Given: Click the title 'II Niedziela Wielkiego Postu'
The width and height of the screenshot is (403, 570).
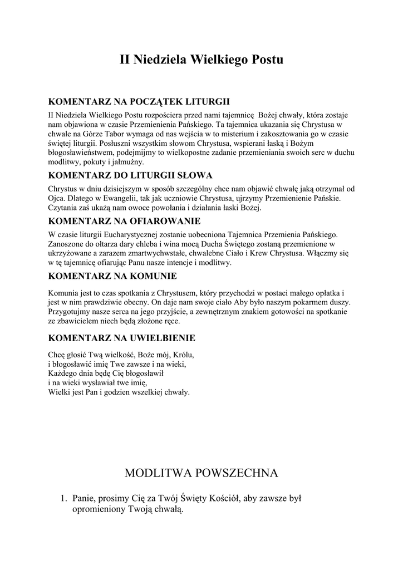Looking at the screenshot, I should (x=202, y=59).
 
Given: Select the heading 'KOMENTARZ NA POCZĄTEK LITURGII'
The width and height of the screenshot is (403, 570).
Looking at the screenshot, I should (x=139, y=102).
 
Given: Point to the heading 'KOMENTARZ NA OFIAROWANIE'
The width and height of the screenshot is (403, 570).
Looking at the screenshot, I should (x=125, y=220).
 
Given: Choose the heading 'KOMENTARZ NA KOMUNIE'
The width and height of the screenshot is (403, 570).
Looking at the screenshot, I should (x=113, y=276).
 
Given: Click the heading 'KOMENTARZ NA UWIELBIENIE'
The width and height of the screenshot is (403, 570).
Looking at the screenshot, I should (x=122, y=338).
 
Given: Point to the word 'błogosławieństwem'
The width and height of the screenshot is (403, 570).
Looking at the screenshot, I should (x=82, y=153).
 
